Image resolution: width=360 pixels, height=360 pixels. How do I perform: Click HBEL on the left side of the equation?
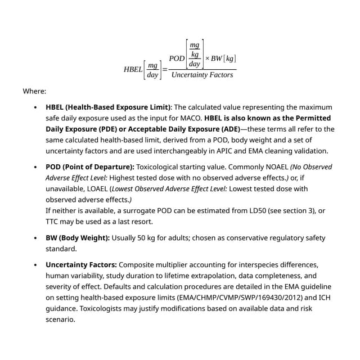[x=133, y=70]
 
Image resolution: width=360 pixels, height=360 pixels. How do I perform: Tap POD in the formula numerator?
[x=177, y=59]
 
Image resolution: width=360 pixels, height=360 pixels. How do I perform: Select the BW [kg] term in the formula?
[x=223, y=59]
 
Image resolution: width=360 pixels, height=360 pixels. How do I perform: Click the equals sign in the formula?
[x=165, y=70]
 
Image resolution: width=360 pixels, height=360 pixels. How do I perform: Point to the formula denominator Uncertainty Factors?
[x=202, y=75]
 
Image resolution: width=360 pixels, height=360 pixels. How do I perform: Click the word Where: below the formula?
[x=34, y=91]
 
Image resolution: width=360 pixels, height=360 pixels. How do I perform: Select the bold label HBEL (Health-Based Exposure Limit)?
[x=108, y=107]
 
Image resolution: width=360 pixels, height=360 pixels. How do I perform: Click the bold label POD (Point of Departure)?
[x=90, y=167]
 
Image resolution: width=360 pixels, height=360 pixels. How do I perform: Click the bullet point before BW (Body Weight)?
[x=35, y=238]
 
